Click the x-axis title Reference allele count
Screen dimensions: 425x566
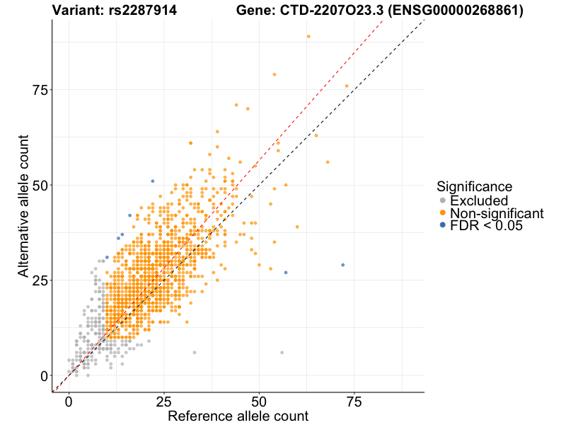pyautogui.click(x=238, y=416)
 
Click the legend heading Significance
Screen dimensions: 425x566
pyautogui.click(x=474, y=186)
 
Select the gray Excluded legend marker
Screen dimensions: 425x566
pyautogui.click(x=443, y=200)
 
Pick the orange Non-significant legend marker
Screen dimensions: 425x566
pyautogui.click(x=443, y=213)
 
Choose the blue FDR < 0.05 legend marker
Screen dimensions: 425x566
pyautogui.click(x=443, y=225)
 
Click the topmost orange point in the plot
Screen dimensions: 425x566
pyautogui.click(x=308, y=36)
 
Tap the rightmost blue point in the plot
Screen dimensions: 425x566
pyautogui.click(x=343, y=265)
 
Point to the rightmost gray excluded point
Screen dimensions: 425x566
pyautogui.click(x=282, y=352)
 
